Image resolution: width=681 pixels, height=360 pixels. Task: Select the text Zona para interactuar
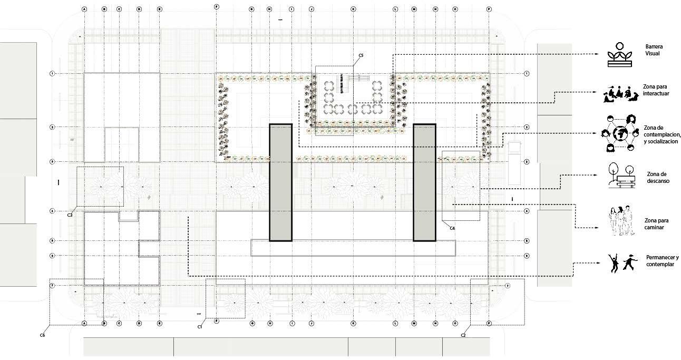pyautogui.click(x=656, y=90)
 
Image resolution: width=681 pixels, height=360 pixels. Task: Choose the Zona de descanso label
pyautogui.click(x=657, y=177)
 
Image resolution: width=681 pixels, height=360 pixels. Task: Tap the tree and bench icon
pyautogui.click(x=620, y=176)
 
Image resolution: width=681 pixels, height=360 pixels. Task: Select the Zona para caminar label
pyautogui.click(x=656, y=223)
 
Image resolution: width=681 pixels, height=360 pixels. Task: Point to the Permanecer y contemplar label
pyautogui.click(x=661, y=260)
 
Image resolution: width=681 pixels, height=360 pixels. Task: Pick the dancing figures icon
pyautogui.click(x=620, y=262)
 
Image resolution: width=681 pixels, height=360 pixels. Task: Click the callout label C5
pyautogui.click(x=361, y=55)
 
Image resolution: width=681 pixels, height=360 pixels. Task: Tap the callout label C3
pyautogui.click(x=70, y=215)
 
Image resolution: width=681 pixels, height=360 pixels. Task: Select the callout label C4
pyautogui.click(x=452, y=228)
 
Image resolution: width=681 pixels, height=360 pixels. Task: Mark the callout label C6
pyautogui.click(x=42, y=335)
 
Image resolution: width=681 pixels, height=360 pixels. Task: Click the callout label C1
pyautogui.click(x=200, y=327)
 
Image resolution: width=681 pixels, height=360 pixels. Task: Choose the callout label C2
pyautogui.click(x=463, y=335)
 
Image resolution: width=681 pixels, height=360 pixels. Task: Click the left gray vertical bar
pyautogui.click(x=280, y=182)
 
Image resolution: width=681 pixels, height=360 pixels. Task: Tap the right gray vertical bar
pyautogui.click(x=424, y=182)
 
